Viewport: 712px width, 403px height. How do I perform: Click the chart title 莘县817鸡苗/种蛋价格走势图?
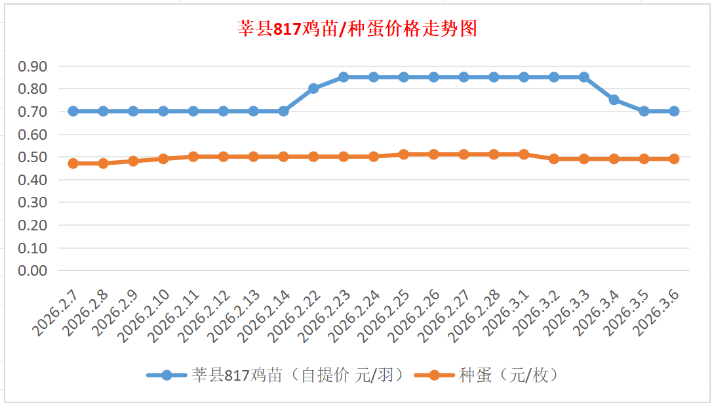coord(357,30)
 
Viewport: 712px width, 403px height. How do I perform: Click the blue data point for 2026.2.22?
coord(313,89)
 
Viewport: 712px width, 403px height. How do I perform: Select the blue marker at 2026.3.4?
coord(614,100)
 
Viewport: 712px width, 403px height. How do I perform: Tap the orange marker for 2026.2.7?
coord(73,163)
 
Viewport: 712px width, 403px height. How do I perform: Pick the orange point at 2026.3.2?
coord(554,159)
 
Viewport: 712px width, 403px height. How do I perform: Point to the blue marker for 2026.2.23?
coord(344,77)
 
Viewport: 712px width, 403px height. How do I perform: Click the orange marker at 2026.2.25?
coord(404,154)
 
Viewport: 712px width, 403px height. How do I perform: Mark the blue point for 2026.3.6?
coord(674,112)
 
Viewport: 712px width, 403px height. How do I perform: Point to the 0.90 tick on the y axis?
coord(33,66)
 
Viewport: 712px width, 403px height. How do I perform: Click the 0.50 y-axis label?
coord(33,157)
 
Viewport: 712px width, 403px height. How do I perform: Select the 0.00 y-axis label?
coord(33,270)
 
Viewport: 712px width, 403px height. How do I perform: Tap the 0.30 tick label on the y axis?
coord(33,202)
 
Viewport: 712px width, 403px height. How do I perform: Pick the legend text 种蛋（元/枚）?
coord(508,375)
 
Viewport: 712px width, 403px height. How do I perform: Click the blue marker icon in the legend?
coord(167,375)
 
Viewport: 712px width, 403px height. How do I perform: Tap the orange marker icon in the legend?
coord(433,375)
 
